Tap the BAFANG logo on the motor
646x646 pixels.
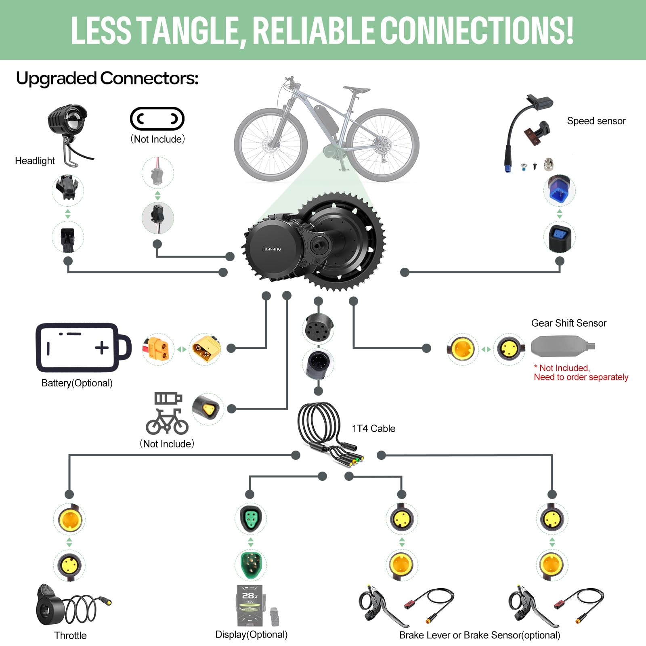273,249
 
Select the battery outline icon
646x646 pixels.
83,347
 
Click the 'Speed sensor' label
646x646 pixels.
596,121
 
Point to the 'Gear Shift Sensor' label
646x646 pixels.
568,323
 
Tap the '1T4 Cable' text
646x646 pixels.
373,428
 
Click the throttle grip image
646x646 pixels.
50,606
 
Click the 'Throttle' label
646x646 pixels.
70,636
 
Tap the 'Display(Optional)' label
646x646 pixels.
251,634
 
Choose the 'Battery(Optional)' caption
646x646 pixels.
77,383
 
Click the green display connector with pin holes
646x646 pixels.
250,518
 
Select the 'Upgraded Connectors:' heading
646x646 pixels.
107,78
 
